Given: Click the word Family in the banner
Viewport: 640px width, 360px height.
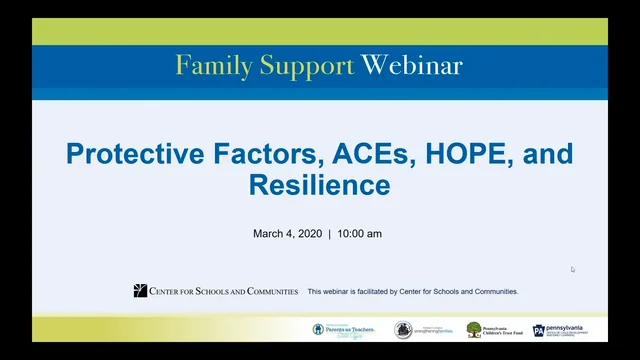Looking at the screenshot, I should [207, 66].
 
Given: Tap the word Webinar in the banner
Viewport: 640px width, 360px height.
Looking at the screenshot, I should [412, 66].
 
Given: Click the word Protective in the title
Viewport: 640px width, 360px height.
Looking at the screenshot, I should [133, 155].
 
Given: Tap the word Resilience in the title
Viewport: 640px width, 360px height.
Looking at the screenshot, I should [319, 186].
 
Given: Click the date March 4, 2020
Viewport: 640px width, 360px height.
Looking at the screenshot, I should [288, 234].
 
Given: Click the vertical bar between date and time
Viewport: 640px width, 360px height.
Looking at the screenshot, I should [329, 234].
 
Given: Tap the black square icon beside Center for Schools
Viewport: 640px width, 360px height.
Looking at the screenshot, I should [140, 291].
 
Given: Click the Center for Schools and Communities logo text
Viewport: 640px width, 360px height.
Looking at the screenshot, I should [223, 291].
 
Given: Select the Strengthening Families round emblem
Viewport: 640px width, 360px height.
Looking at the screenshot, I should [403, 330].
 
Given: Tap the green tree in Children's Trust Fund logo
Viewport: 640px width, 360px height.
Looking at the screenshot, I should [474, 329].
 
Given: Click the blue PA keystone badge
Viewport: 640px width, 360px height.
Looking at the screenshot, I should [539, 330].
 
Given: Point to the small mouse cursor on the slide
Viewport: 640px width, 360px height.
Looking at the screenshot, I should [573, 269].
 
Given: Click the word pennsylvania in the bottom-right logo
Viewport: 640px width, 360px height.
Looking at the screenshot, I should [574, 327].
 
